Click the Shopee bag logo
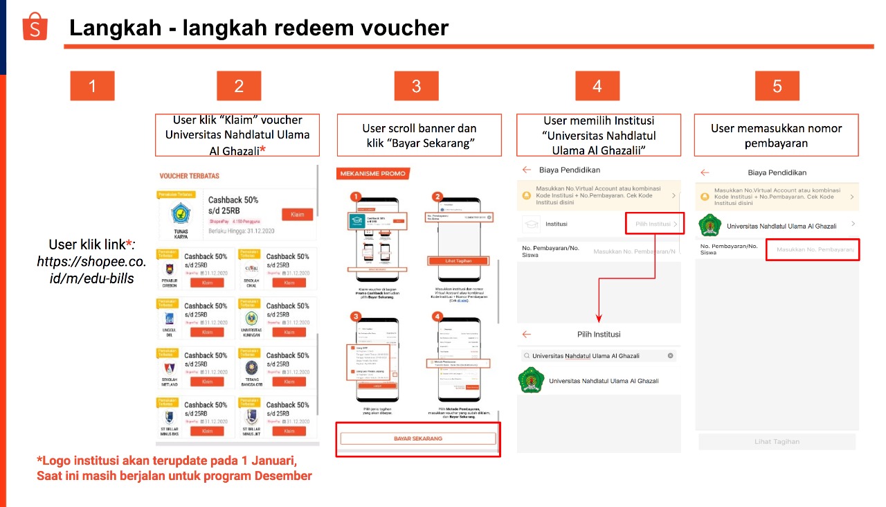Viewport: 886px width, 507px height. pos(35,27)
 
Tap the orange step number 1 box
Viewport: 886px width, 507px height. pos(92,86)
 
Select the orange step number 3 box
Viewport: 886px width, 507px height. pos(416,86)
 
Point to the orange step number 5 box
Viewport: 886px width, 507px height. pos(777,86)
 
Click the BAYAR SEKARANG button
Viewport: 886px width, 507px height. pos(417,438)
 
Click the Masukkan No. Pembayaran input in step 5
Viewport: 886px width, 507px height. pos(813,249)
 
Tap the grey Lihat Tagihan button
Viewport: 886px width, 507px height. pos(777,441)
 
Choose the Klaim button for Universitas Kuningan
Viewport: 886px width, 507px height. pos(289,332)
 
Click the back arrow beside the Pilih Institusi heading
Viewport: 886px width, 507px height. pos(527,335)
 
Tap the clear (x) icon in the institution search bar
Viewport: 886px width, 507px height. pos(670,356)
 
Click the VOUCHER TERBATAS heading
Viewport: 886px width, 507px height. pos(189,177)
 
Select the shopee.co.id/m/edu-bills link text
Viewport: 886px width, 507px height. pos(91,270)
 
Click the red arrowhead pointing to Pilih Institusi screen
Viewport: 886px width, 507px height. pos(599,319)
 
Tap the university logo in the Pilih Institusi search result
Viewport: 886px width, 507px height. pos(530,381)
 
